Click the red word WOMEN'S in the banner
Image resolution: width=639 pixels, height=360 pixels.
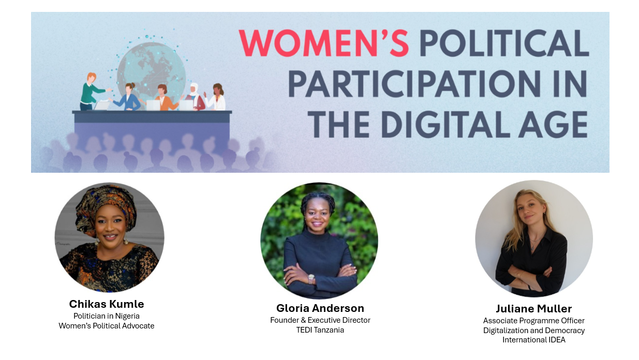pyautogui.click(x=323, y=43)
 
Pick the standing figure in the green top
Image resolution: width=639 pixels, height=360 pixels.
pyautogui.click(x=90, y=91)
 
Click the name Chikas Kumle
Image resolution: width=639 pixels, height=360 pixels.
pyautogui.click(x=107, y=304)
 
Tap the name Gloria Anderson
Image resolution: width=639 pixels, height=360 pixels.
pyautogui.click(x=320, y=308)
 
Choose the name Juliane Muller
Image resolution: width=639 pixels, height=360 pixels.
pyautogui.click(x=533, y=309)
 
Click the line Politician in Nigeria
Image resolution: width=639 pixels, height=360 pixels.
pyautogui.click(x=107, y=316)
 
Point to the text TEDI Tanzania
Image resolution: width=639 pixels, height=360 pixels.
pyautogui.click(x=320, y=330)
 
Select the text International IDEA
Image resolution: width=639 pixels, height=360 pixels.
pyautogui.click(x=533, y=340)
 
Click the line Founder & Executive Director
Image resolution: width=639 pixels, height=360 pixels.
pyautogui.click(x=320, y=320)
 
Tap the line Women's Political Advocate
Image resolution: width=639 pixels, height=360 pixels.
pyautogui.click(x=107, y=326)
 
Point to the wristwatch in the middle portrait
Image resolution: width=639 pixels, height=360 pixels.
pyautogui.click(x=311, y=279)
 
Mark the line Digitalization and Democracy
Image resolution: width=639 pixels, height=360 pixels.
pyautogui.click(x=533, y=330)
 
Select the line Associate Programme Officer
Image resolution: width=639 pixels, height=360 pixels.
pyautogui.click(x=533, y=321)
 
